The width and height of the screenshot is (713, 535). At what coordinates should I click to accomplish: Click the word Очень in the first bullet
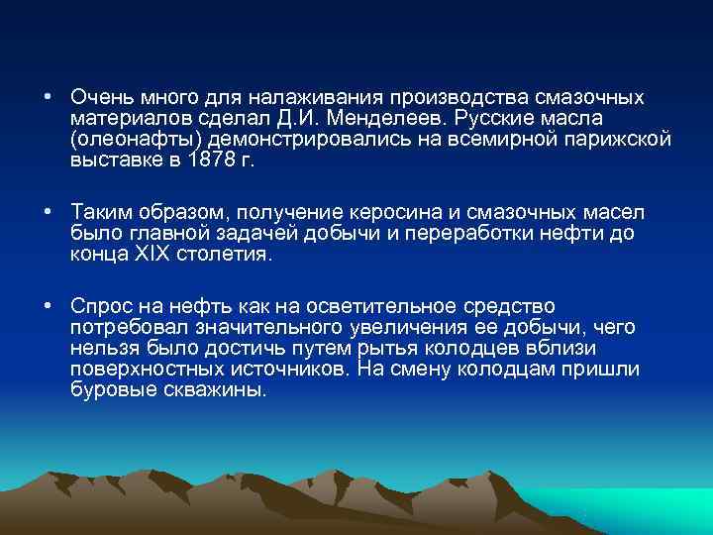pos(98,98)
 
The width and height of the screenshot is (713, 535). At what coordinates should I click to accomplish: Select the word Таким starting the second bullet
pos(98,213)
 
